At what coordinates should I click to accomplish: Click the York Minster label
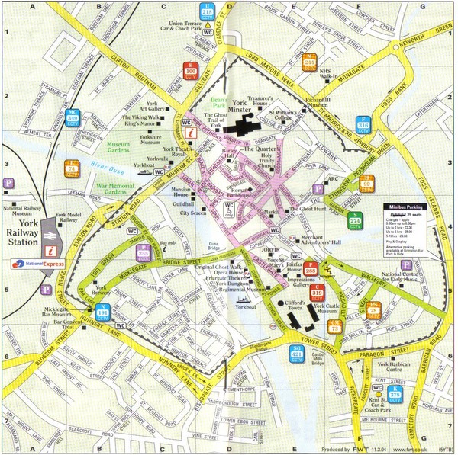tap(250, 107)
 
